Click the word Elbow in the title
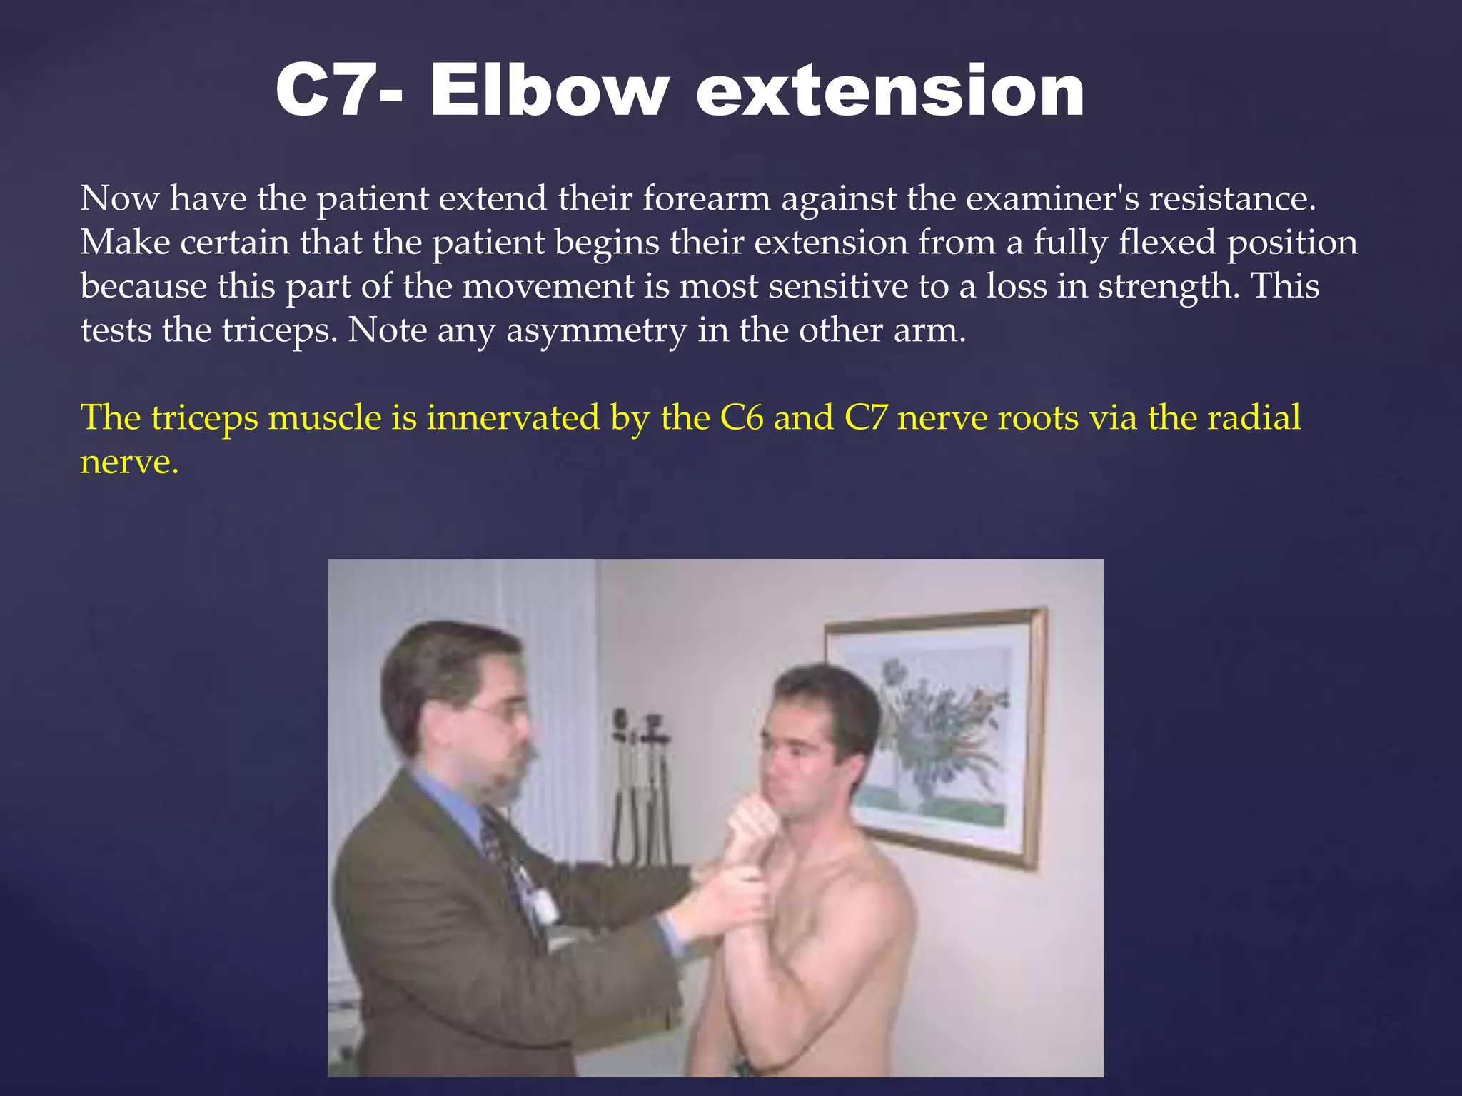coord(550,91)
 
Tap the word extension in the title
coord(890,91)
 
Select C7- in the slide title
coord(338,91)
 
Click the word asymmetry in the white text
coord(596,331)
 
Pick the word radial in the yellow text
coord(1254,418)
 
